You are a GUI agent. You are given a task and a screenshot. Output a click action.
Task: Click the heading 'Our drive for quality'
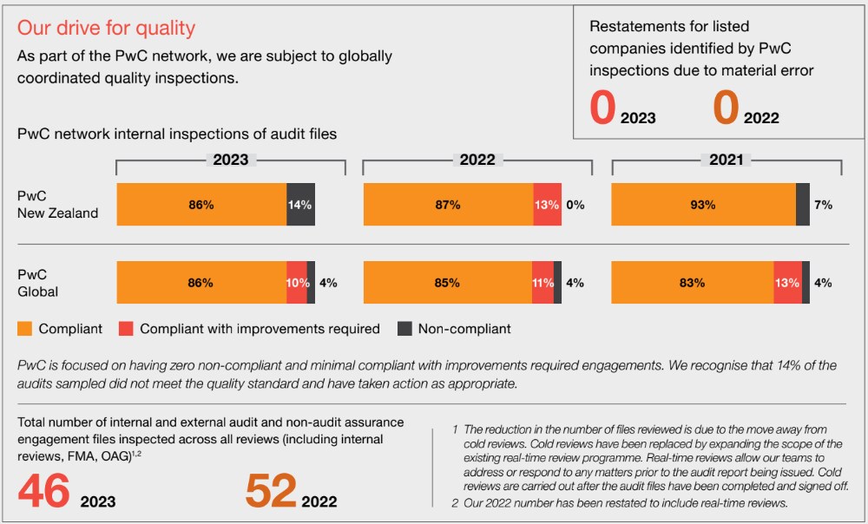click(106, 28)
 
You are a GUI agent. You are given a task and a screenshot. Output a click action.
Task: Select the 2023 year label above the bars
click(230, 160)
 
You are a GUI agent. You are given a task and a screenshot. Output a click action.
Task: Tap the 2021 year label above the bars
click(726, 160)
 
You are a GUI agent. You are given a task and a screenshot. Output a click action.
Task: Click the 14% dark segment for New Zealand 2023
click(300, 205)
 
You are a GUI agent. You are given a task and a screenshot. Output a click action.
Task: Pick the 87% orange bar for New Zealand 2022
click(448, 205)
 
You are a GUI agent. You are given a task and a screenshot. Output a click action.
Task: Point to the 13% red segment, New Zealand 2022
click(547, 205)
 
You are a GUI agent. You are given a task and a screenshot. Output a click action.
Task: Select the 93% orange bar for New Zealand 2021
click(703, 205)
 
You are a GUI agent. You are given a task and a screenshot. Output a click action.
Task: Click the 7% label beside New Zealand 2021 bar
click(823, 205)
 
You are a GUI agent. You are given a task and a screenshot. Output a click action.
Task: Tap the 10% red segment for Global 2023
click(297, 283)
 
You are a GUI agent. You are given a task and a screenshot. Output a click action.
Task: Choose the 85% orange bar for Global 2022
click(447, 283)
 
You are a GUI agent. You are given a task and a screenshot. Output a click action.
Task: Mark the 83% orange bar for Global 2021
click(692, 283)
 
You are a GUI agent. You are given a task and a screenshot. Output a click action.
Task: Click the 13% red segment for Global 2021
click(787, 283)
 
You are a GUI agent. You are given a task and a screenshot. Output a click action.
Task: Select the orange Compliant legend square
click(25, 329)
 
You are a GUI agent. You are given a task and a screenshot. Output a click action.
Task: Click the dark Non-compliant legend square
click(404, 329)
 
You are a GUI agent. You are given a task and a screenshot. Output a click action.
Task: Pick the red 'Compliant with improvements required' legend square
click(126, 329)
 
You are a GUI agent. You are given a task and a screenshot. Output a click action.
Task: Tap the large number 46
click(44, 491)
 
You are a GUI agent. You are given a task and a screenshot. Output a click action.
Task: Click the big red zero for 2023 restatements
click(602, 108)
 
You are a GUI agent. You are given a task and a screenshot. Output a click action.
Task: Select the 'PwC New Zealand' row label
click(57, 205)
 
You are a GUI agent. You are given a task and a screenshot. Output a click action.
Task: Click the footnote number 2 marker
click(456, 503)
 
